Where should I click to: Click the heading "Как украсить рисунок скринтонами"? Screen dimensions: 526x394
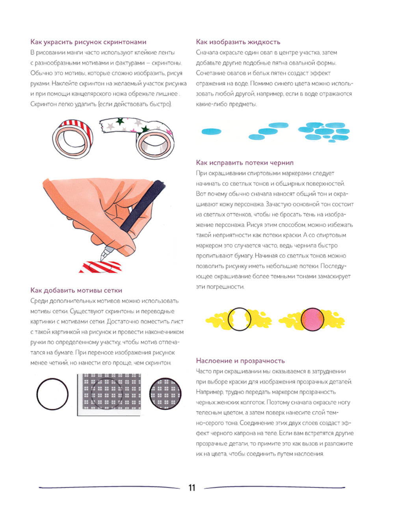(x=88, y=42)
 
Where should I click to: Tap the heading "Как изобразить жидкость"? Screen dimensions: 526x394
(x=238, y=42)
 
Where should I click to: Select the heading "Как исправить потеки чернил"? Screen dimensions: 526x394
(x=245, y=163)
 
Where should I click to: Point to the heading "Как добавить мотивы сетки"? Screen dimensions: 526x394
(x=76, y=290)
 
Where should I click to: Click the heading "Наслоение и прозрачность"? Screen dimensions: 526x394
(x=240, y=361)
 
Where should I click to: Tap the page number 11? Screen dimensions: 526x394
(x=192, y=488)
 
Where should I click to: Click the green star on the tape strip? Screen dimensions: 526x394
(x=145, y=129)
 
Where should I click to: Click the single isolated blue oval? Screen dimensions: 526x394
(x=211, y=131)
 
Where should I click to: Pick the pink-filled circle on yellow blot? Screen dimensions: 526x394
(x=312, y=319)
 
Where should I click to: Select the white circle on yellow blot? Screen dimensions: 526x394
(x=239, y=319)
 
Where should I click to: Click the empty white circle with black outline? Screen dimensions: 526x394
(x=52, y=394)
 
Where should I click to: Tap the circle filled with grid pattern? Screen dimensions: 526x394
(x=165, y=393)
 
